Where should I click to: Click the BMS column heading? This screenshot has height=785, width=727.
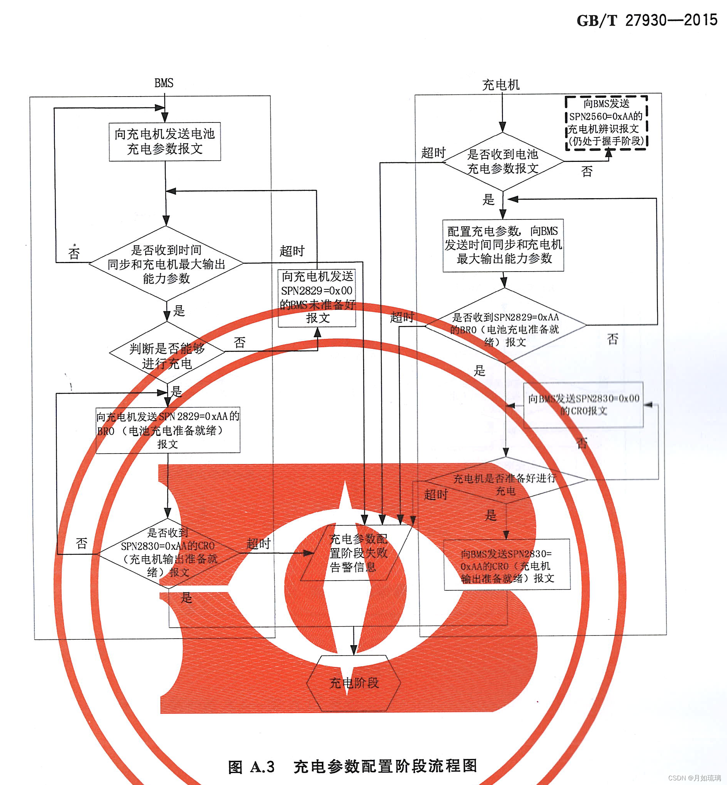[164, 83]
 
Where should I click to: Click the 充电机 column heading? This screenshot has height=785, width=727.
[501, 85]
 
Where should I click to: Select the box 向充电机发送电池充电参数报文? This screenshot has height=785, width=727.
[165, 142]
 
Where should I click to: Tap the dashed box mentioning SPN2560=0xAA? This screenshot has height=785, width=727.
[606, 122]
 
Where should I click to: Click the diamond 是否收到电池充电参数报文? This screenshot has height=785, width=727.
[503, 161]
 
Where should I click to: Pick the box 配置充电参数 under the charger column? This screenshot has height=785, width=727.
[503, 245]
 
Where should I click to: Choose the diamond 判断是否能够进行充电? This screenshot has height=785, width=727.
[167, 352]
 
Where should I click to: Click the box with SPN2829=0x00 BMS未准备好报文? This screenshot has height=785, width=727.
[317, 298]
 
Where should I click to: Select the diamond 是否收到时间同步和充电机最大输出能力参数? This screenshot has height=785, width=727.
[166, 263]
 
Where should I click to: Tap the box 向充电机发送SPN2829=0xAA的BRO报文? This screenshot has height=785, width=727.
[168, 430]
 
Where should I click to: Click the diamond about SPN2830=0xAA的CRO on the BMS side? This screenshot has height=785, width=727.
[168, 553]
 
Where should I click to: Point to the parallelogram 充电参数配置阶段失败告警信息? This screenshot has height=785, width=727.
[357, 553]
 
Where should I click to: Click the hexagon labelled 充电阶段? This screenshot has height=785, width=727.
[354, 683]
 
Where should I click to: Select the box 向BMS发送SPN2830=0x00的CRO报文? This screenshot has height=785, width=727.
[583, 404]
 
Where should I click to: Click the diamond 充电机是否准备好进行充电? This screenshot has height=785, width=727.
[506, 480]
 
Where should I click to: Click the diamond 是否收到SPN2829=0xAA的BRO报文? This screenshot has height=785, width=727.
[505, 325]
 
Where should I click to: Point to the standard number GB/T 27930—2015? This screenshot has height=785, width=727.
[647, 20]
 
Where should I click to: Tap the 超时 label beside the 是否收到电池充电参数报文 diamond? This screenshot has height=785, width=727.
[433, 153]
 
